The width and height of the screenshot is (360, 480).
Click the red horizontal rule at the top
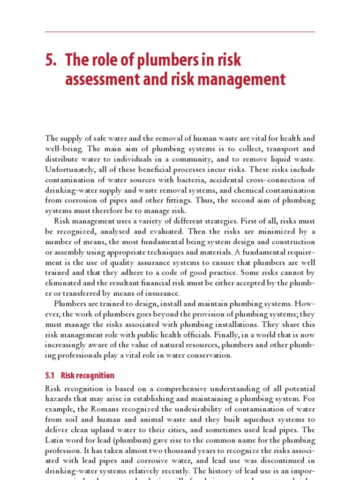click(180, 32)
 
